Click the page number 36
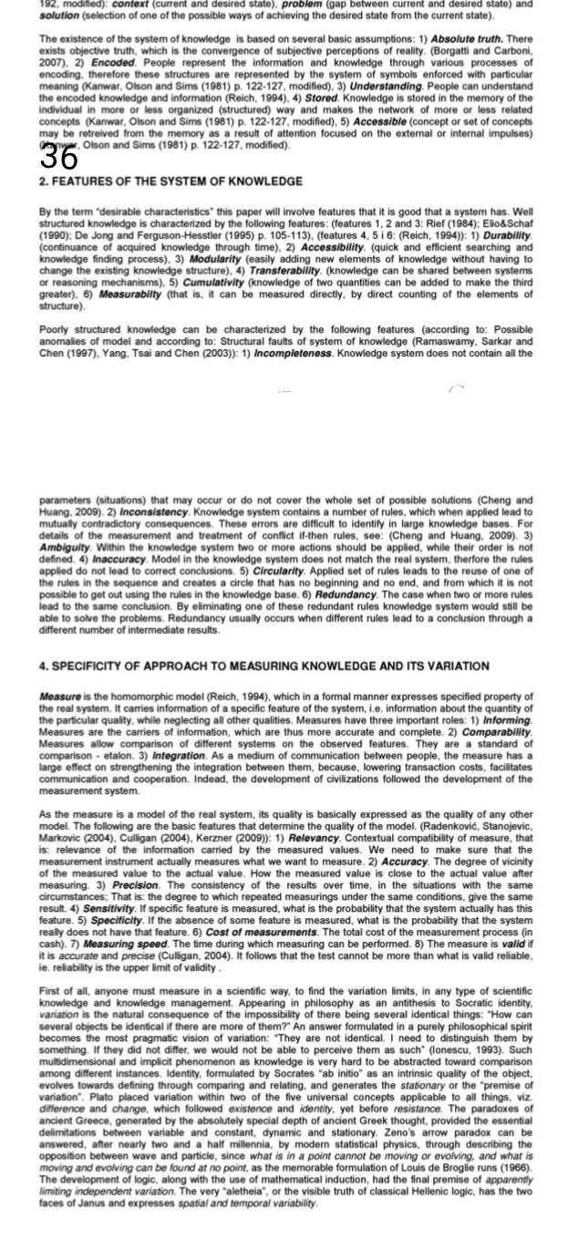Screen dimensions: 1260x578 pos(59,157)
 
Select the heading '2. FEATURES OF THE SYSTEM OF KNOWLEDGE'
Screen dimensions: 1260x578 pos(170,182)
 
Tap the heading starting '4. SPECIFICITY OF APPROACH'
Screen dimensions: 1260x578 pos(263,666)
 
